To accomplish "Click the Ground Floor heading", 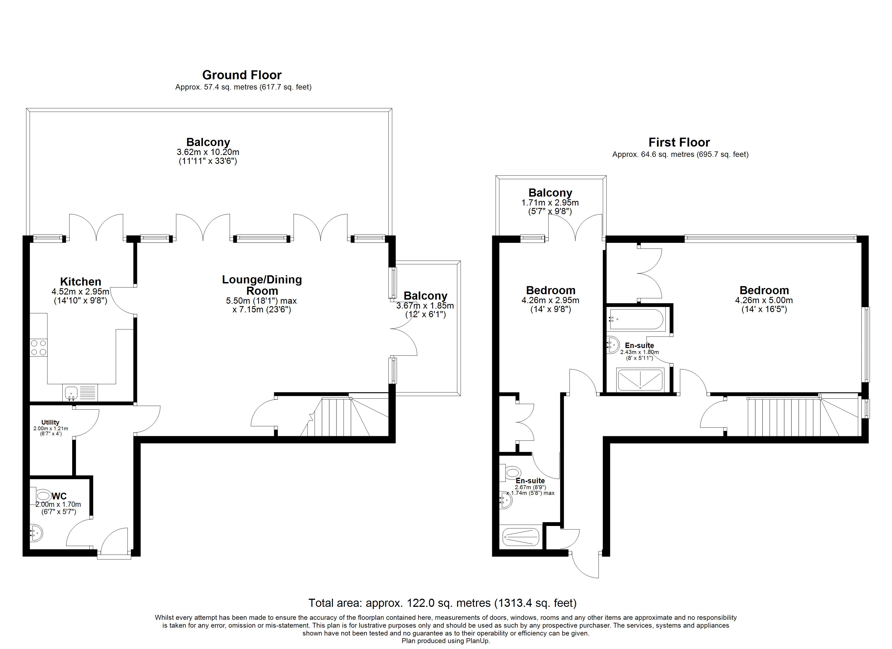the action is coord(242,75).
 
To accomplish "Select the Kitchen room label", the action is coord(81,282).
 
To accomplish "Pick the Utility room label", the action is coord(50,422).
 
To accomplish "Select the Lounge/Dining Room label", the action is coord(262,285).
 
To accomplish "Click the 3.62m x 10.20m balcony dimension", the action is coord(208,152).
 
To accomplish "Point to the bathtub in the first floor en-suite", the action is coord(636,319).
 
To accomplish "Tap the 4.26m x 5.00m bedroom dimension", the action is coord(764,300).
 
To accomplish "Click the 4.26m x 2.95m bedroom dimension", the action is coord(550,300).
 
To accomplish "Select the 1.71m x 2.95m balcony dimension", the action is coord(550,203).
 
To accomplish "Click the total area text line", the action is coord(442,603).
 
